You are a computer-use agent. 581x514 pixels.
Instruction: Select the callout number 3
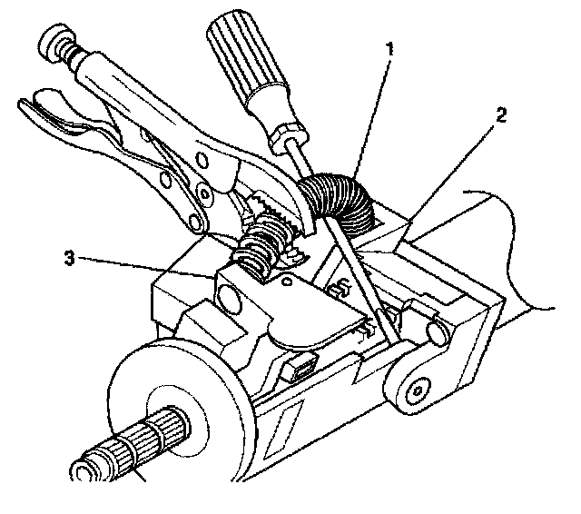[69, 259]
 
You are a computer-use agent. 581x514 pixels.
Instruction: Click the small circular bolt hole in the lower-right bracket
[415, 390]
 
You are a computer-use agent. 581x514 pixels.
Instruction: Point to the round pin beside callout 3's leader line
[227, 296]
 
